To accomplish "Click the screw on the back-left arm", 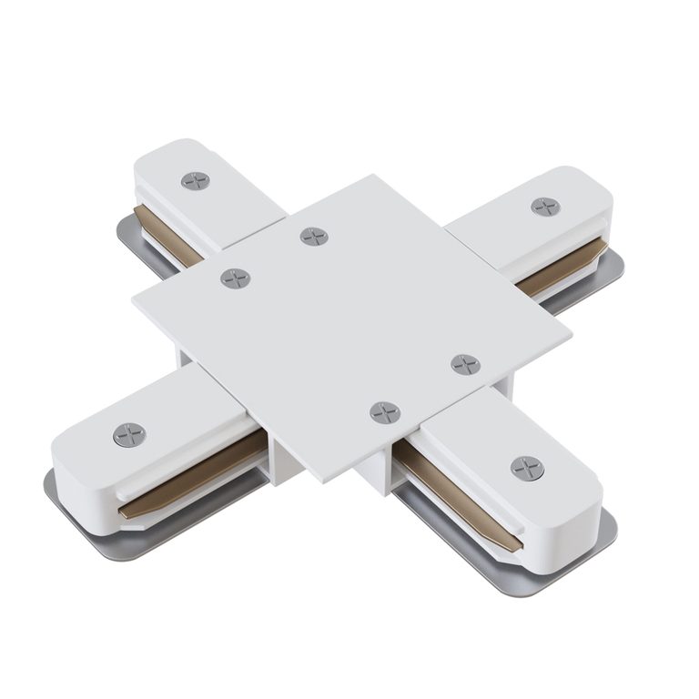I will point(195,180).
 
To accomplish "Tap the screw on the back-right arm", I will point(545,207).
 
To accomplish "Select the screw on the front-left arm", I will point(130,434).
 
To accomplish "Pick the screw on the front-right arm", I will point(527,468).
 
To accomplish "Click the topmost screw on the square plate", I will point(314,237).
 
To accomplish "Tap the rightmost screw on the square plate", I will point(465,364).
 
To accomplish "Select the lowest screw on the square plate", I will point(385,412).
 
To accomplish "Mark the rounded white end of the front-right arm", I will point(582,510).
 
